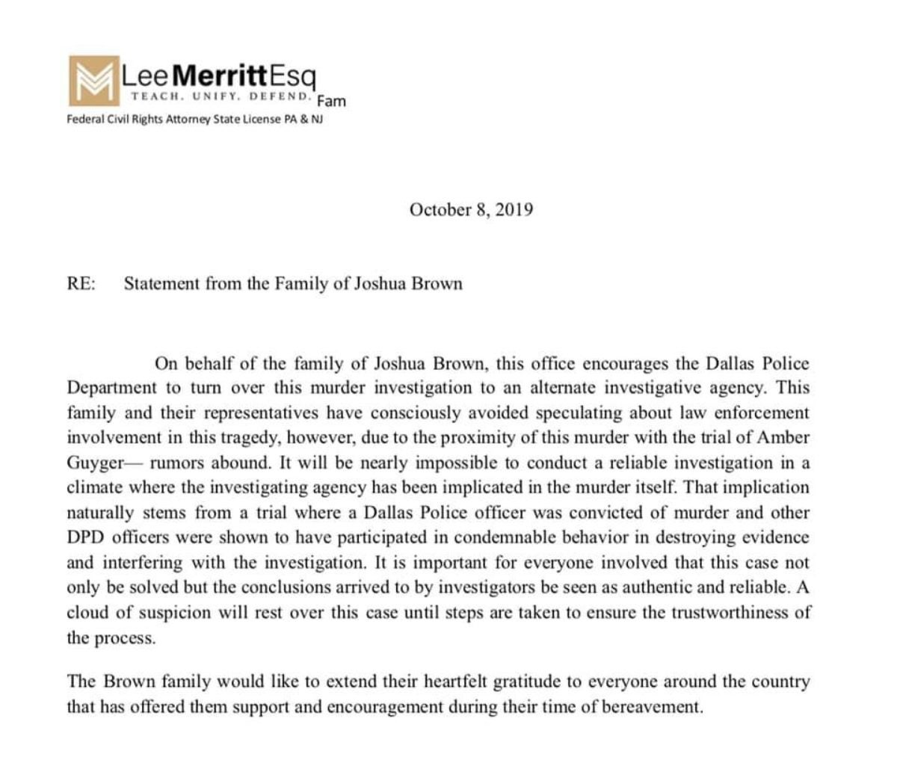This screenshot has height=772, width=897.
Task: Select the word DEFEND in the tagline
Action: click(x=281, y=96)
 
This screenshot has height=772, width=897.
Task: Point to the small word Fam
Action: click(x=331, y=101)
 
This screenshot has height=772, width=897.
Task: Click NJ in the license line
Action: click(x=318, y=119)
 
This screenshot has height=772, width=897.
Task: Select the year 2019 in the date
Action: click(x=514, y=210)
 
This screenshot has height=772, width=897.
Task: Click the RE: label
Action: click(x=81, y=284)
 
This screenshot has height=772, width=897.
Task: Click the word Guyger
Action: click(x=94, y=463)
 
